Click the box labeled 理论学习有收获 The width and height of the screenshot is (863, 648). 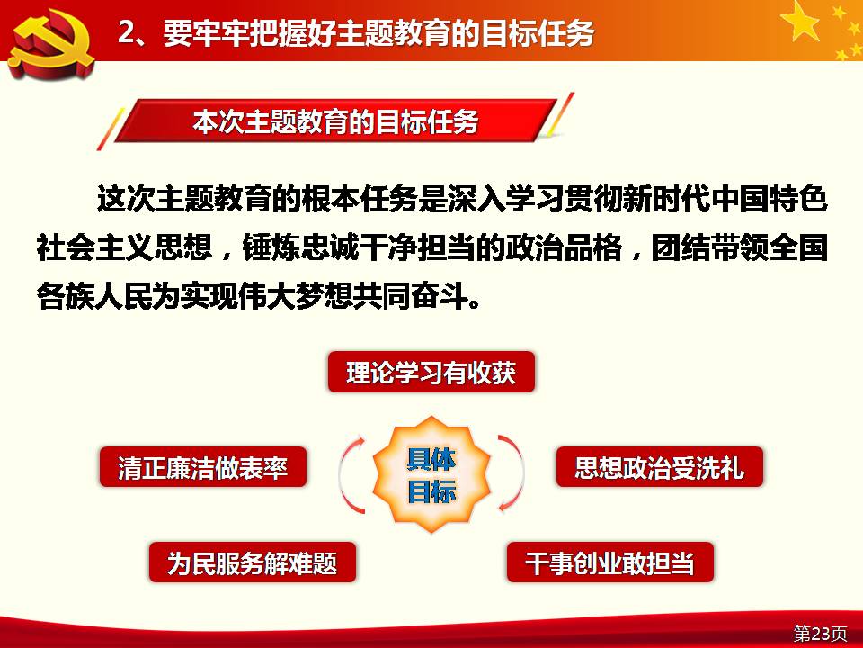point(431,372)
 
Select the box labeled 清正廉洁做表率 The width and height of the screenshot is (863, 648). point(202,467)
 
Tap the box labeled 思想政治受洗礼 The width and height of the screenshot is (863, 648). point(659,467)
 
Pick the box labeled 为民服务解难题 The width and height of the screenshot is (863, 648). point(252,562)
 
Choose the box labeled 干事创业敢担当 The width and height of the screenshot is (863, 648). point(609,562)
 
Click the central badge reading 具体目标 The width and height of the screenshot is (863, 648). point(431,474)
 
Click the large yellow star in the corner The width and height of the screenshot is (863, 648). point(801,22)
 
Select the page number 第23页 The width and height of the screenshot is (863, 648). point(820,633)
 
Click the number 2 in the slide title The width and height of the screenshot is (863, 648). point(128,32)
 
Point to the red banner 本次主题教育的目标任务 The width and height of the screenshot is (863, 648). point(335,121)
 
